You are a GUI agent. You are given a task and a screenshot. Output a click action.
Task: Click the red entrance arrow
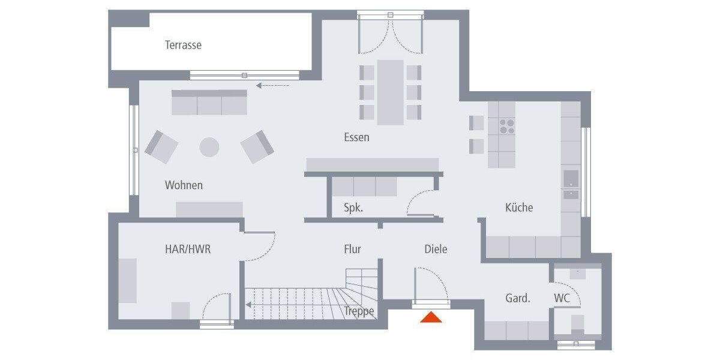click(431, 317)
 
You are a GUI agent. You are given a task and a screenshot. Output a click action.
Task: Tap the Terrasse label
click(183, 45)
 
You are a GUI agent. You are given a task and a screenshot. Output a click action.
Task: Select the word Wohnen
click(184, 185)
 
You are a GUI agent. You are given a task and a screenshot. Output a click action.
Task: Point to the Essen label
click(356, 137)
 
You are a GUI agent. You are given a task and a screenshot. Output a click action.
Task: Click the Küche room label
click(519, 208)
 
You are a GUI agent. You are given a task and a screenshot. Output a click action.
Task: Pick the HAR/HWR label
click(188, 249)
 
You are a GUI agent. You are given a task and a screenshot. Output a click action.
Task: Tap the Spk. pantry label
click(353, 208)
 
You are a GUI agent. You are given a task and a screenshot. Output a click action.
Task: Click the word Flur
click(352, 249)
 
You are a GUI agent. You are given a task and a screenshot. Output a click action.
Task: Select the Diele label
click(436, 249)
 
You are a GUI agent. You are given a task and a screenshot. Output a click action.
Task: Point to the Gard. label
click(517, 298)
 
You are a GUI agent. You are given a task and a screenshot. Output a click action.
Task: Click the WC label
click(562, 298)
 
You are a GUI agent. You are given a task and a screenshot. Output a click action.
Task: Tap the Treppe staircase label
click(359, 311)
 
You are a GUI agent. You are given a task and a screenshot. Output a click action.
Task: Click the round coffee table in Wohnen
click(209, 147)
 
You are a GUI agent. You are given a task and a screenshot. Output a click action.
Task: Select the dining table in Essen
click(390, 92)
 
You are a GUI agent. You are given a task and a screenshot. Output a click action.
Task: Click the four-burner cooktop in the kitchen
click(507, 125)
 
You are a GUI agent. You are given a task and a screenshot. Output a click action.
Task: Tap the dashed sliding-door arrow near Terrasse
click(272, 85)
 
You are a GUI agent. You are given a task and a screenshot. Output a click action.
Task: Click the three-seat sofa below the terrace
click(209, 103)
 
